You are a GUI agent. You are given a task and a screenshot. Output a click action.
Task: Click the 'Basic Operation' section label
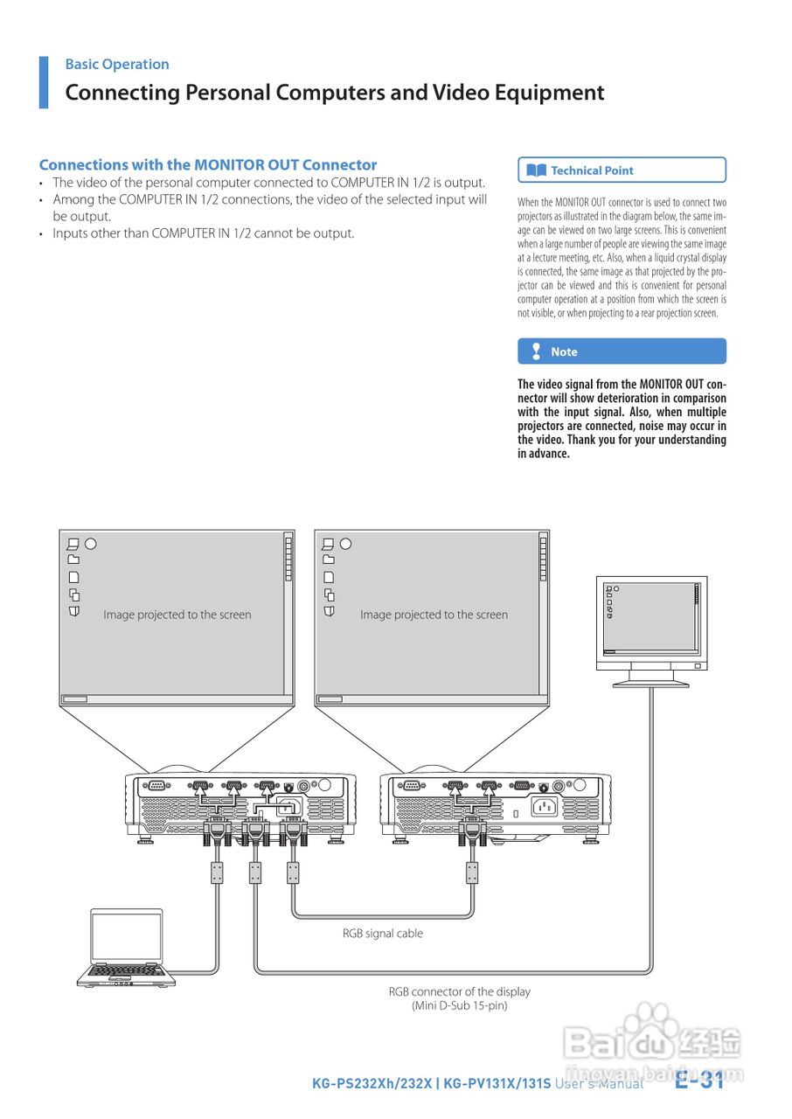pyautogui.click(x=117, y=64)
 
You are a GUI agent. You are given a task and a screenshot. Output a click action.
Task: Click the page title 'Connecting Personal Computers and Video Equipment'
pyautogui.click(x=335, y=93)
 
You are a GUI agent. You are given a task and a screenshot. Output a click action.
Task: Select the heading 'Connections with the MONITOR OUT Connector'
pyautogui.click(x=208, y=164)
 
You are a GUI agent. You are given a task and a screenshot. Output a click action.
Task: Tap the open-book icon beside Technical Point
pyautogui.click(x=537, y=170)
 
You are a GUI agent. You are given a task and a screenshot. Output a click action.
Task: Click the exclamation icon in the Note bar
pyautogui.click(x=536, y=351)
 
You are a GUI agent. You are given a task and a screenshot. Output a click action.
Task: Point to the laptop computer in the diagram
pyautogui.click(x=127, y=949)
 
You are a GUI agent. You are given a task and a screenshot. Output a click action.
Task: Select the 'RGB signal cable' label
pyautogui.click(x=383, y=933)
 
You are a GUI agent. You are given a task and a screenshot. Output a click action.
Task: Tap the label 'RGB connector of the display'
pyautogui.click(x=459, y=991)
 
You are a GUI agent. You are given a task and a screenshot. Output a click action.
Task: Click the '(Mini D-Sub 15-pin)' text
pyautogui.click(x=459, y=1005)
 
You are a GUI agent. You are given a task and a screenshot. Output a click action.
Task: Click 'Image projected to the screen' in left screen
pyautogui.click(x=177, y=615)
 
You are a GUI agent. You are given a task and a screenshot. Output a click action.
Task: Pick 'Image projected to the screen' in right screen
pyautogui.click(x=434, y=615)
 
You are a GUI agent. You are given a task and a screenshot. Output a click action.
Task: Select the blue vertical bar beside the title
pyautogui.click(x=44, y=82)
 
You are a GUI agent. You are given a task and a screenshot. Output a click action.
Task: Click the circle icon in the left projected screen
pyautogui.click(x=90, y=543)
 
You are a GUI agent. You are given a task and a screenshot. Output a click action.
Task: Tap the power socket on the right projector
pyautogui.click(x=546, y=808)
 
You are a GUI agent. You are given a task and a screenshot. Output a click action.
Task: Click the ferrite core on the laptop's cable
pyautogui.click(x=218, y=872)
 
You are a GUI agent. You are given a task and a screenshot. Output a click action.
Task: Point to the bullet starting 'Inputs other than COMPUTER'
pyautogui.click(x=203, y=233)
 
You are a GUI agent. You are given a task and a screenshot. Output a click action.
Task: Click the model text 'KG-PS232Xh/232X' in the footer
pyautogui.click(x=372, y=1084)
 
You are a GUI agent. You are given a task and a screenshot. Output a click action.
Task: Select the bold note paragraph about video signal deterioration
pyautogui.click(x=622, y=419)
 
